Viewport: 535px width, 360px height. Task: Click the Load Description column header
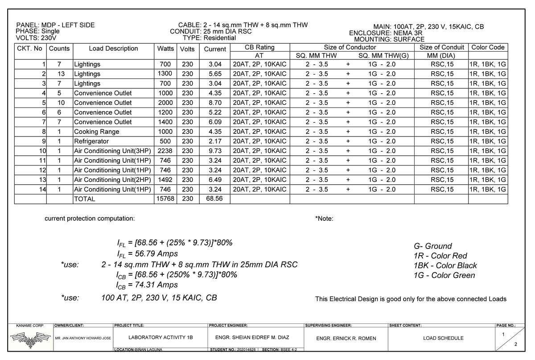coord(113,49)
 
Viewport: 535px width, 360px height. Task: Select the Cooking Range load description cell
coord(97,132)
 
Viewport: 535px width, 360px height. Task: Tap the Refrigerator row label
coord(91,141)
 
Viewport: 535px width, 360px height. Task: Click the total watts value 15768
coord(165,199)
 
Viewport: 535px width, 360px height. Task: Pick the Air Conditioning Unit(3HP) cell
coord(113,151)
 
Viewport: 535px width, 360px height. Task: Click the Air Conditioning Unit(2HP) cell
coord(113,180)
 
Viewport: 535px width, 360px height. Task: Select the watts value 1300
coord(166,74)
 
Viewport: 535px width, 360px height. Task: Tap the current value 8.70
coord(215,103)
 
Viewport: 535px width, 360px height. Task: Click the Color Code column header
coord(488,47)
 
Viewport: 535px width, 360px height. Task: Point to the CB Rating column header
coord(259,47)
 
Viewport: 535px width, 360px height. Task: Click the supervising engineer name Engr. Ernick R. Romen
coord(346,339)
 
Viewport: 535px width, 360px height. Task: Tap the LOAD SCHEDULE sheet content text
coord(443,338)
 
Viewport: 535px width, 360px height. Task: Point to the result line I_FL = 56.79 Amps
coord(147,254)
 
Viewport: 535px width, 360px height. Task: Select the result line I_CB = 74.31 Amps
coord(147,285)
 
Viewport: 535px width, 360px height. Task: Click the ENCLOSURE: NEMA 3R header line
coord(386,33)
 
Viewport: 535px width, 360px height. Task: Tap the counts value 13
coord(59,74)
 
